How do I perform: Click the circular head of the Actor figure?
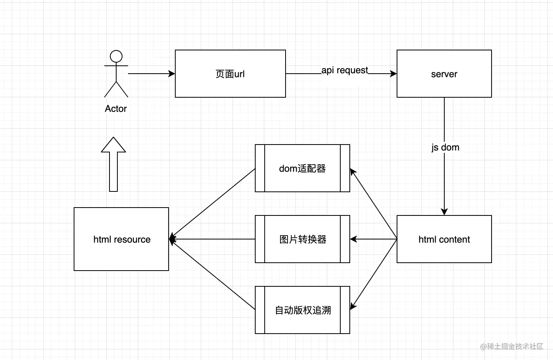pyautogui.click(x=116, y=56)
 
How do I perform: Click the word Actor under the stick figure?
pyautogui.click(x=116, y=109)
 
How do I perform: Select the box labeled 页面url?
pyautogui.click(x=230, y=74)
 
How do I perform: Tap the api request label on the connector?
pyautogui.click(x=345, y=70)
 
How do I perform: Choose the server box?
pyautogui.click(x=444, y=74)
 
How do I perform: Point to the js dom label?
pyautogui.click(x=445, y=147)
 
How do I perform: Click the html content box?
pyautogui.click(x=444, y=239)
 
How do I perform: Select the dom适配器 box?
pyautogui.click(x=302, y=168)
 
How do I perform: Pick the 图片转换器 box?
pyautogui.click(x=302, y=239)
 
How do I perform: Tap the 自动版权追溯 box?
pyautogui.click(x=302, y=310)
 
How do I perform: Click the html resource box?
pyautogui.click(x=121, y=239)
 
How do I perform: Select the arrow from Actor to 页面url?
pyautogui.click(x=151, y=74)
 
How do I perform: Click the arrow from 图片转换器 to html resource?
pyautogui.click(x=213, y=239)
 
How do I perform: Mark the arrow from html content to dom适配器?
pyautogui.click(x=373, y=204)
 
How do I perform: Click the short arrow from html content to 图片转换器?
pyautogui.click(x=373, y=239)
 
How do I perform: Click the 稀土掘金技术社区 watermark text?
pyautogui.click(x=512, y=346)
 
